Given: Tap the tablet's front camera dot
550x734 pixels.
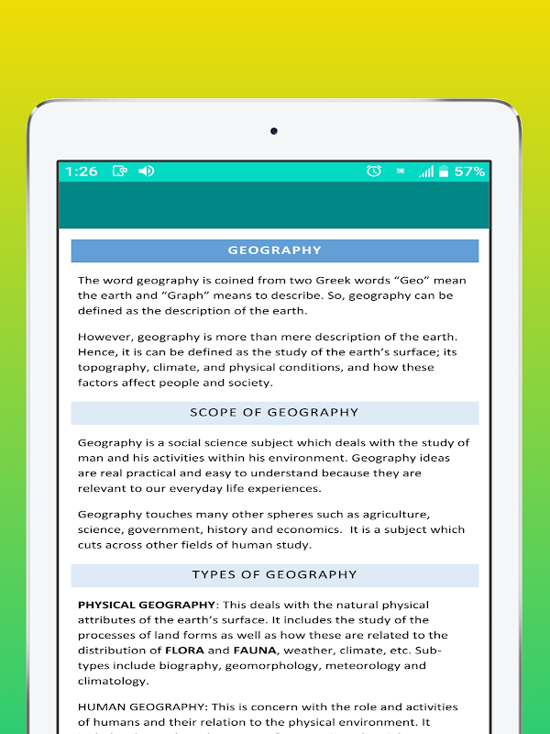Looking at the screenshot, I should [x=273, y=131].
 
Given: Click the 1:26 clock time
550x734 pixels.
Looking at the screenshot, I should [x=81, y=172].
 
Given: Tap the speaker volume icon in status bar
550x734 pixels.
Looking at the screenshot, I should [x=146, y=172].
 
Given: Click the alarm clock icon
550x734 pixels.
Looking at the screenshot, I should [x=373, y=172].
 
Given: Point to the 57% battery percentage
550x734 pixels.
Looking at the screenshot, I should [x=469, y=172].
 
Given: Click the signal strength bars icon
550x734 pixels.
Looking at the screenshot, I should [x=425, y=172].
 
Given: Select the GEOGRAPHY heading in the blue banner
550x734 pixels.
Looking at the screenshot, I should [x=275, y=250].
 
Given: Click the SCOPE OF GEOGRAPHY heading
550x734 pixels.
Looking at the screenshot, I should [x=274, y=413].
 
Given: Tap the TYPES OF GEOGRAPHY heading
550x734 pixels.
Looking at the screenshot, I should [x=274, y=575].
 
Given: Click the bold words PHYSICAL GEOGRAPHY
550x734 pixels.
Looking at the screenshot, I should [x=147, y=606].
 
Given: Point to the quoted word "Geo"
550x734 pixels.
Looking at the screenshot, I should [x=412, y=281].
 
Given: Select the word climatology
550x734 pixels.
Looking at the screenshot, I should [x=113, y=681].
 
